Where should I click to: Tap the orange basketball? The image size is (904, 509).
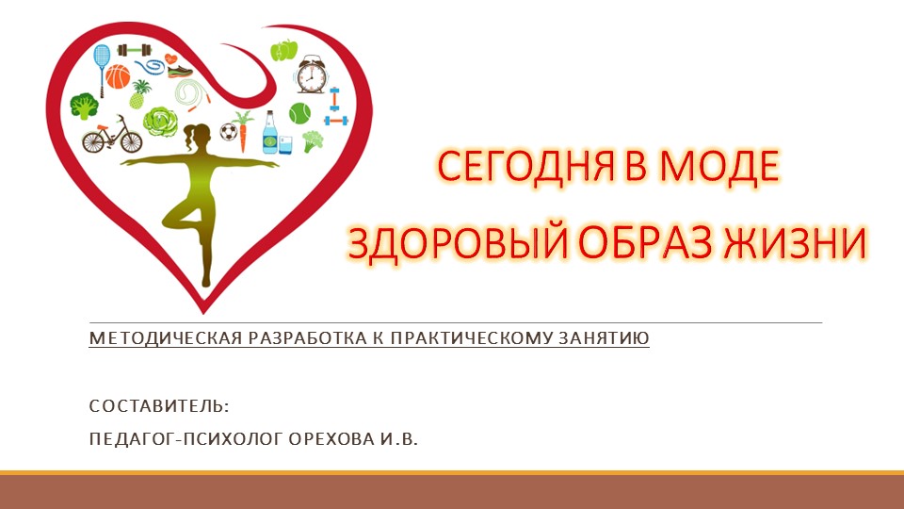coord(118,76)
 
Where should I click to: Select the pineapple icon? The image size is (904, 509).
coord(140,93)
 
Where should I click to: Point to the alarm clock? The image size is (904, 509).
coord(310,76)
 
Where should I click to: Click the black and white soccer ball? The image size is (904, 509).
coord(228,131)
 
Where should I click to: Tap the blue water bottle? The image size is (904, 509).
coord(270,133)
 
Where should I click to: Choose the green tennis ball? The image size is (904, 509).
coord(300,114)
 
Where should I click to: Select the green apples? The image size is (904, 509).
coord(284,49)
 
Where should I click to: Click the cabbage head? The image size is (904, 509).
coord(159,121)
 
